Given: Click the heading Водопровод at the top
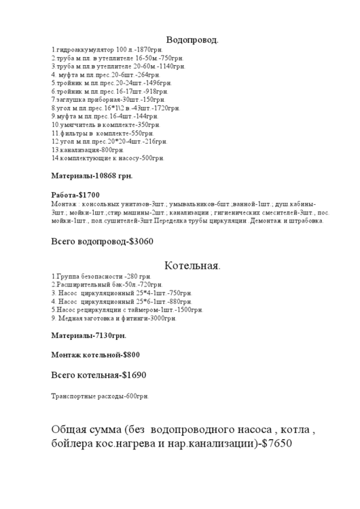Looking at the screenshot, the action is (193, 40).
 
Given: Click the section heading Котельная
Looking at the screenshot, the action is (193, 265).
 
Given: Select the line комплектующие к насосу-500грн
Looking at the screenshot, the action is (108, 158).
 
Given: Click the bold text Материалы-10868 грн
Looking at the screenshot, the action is (92, 175).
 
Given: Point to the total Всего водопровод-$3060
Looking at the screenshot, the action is (103, 242).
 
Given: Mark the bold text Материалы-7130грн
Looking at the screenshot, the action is (89, 335).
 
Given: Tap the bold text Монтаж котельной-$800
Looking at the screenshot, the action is (96, 355).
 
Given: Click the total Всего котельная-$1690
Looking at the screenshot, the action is (98, 375).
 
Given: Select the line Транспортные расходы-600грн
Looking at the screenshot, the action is (100, 396).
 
